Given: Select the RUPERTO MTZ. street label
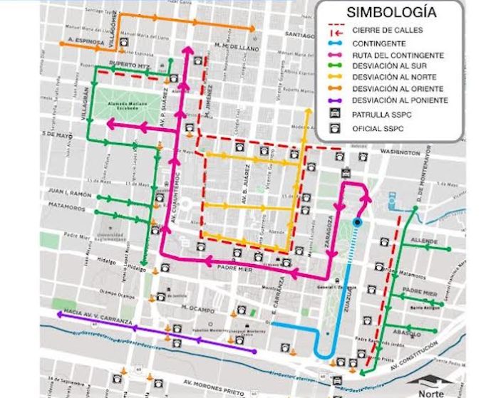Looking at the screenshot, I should pyautogui.click(x=130, y=65).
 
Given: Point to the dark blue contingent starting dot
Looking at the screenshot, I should pyautogui.click(x=357, y=223).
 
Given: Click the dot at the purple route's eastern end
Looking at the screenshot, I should pyautogui.click(x=254, y=352).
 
